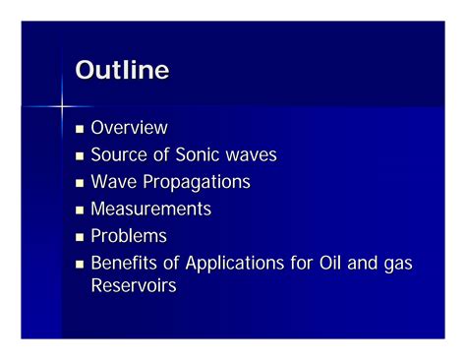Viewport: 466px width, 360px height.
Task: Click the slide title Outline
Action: pos(122,71)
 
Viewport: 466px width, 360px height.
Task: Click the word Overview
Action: pos(129,128)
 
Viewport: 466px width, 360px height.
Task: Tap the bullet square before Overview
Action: pos(81,129)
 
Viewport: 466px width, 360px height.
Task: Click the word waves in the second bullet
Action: pos(253,155)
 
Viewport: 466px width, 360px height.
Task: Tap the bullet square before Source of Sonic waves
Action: pos(81,156)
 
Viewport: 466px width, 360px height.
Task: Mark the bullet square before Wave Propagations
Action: pos(81,183)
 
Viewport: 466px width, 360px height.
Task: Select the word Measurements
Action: pos(150,210)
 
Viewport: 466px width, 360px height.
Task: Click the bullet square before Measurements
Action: pos(81,210)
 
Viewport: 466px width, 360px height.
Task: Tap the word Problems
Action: pos(129,236)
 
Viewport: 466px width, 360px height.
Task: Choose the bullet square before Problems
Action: pos(81,237)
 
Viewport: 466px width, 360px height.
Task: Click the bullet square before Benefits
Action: pos(81,265)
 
